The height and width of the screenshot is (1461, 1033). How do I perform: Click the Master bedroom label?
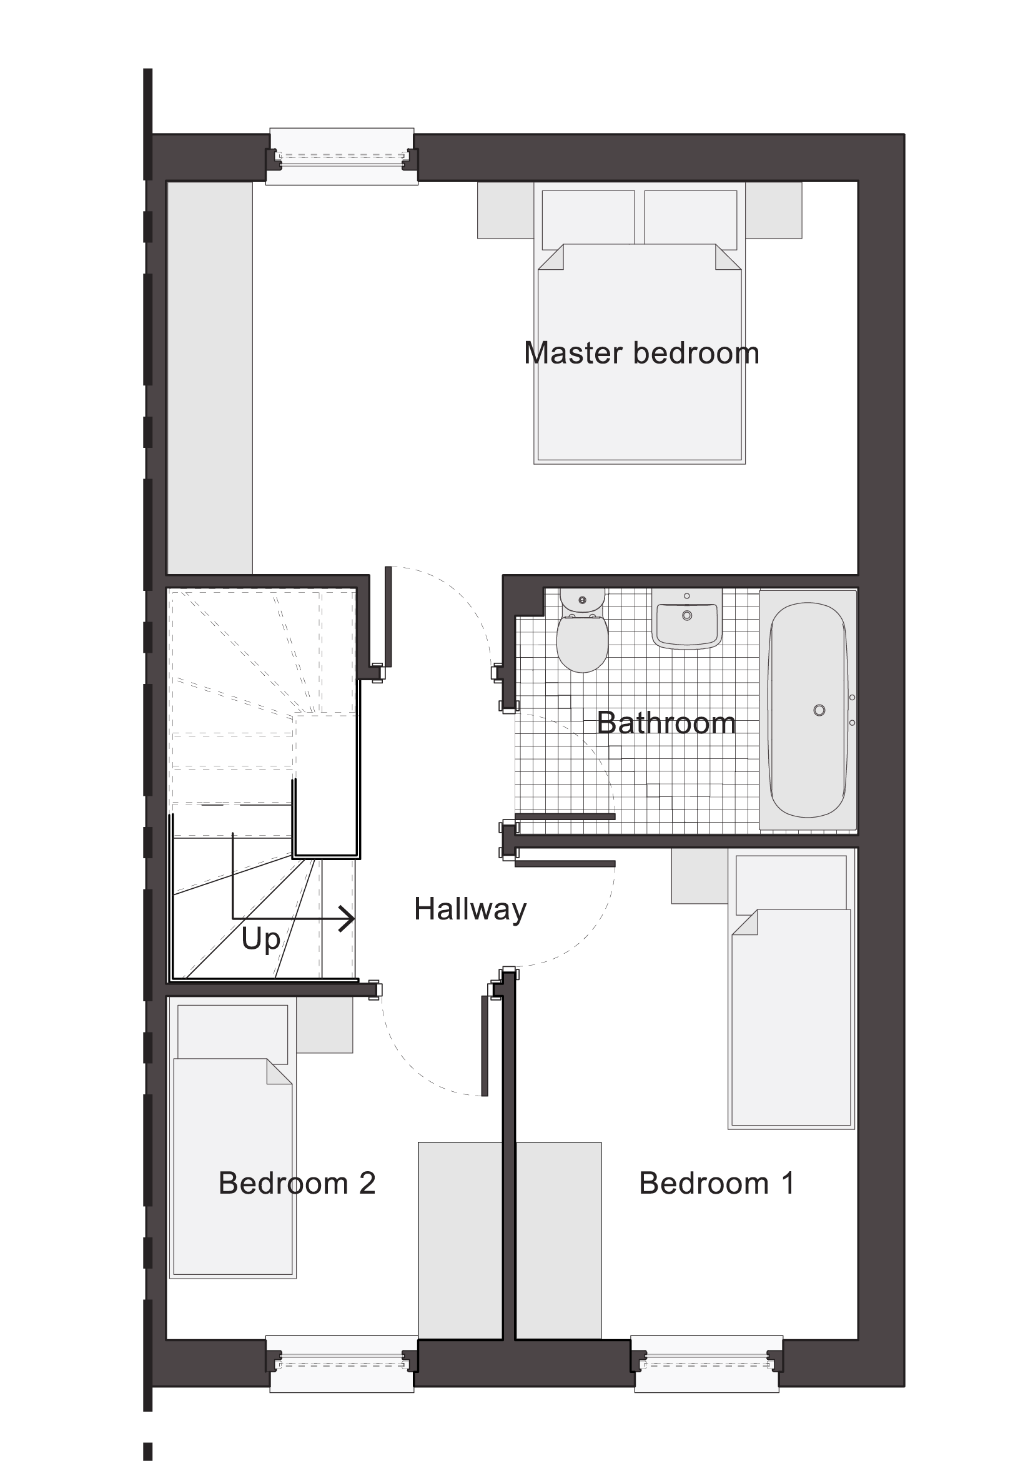click(641, 354)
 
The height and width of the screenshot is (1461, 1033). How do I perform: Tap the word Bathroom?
click(666, 723)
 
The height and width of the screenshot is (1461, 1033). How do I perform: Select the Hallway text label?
click(470, 910)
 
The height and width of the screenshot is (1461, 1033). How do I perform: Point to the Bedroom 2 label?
click(297, 1184)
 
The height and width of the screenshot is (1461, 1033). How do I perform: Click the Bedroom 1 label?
click(716, 1184)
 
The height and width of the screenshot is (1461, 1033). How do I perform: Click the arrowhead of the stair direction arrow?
click(347, 918)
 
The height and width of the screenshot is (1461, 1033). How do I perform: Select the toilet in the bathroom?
click(582, 630)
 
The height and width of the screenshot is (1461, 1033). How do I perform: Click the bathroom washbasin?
click(687, 618)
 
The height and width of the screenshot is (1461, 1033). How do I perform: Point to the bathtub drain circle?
click(819, 710)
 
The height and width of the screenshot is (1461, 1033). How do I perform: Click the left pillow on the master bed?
click(588, 217)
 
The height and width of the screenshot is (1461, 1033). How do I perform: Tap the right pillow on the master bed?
click(691, 217)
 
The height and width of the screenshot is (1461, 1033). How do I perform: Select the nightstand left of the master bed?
click(506, 210)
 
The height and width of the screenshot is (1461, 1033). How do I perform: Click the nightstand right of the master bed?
click(773, 210)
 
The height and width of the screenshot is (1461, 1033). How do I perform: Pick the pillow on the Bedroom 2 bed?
click(233, 1034)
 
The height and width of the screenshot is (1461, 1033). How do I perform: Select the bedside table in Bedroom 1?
click(699, 876)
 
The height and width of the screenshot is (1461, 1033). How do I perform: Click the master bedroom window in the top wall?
click(342, 157)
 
